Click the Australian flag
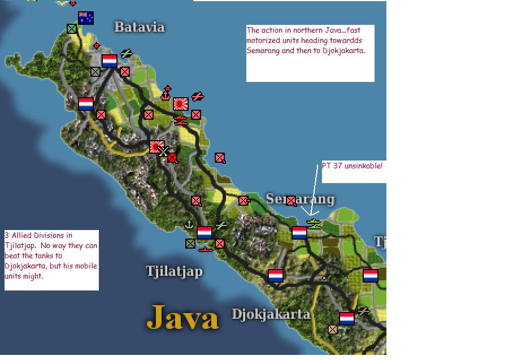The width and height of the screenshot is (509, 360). pyautogui.click(x=86, y=18)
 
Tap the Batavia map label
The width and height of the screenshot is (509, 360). pyautogui.click(x=139, y=27)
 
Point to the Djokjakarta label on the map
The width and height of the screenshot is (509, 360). pyautogui.click(x=271, y=314)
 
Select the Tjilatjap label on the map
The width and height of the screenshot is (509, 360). pyautogui.click(x=174, y=271)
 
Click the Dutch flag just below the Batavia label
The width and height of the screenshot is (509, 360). pyautogui.click(x=109, y=61)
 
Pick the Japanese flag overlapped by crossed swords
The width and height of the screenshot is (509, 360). pyautogui.click(x=156, y=147)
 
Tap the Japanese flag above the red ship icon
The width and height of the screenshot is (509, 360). pyautogui.click(x=181, y=103)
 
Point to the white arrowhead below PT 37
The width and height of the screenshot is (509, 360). pyautogui.click(x=312, y=213)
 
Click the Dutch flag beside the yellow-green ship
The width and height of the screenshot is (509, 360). pyautogui.click(x=299, y=232)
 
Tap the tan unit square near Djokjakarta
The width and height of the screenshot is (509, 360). pyautogui.click(x=333, y=329)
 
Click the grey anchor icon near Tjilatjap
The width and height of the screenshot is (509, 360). pyautogui.click(x=190, y=224)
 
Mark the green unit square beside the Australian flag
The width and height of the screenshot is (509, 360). pyautogui.click(x=72, y=28)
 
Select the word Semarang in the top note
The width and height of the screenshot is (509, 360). pyautogui.click(x=263, y=50)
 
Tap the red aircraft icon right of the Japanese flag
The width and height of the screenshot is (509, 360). pyautogui.click(x=197, y=97)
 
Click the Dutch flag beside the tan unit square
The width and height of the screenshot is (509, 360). pyautogui.click(x=347, y=318)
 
